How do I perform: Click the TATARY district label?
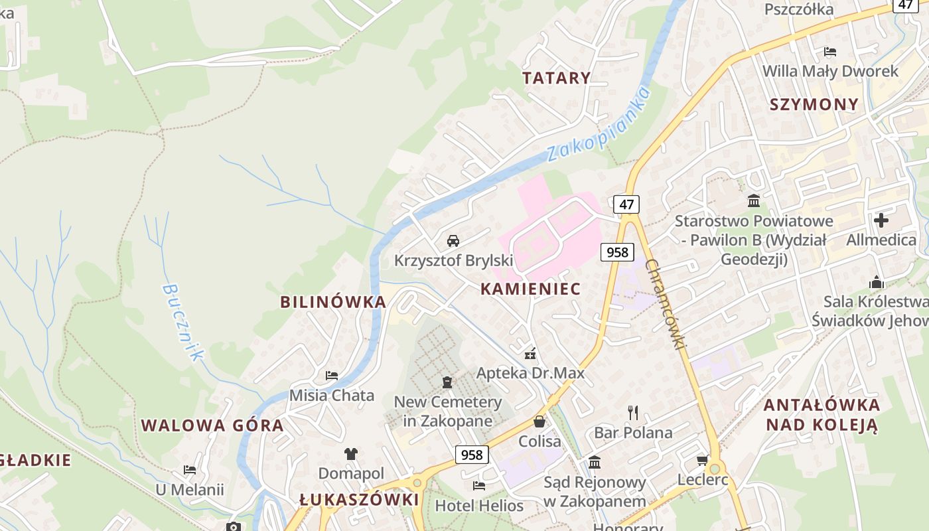click(x=556, y=78)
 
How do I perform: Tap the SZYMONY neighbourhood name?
click(x=814, y=104)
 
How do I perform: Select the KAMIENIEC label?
click(x=530, y=289)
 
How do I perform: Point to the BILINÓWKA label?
click(x=333, y=302)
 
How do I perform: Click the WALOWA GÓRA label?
click(x=212, y=425)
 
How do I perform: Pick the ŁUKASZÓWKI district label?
click(x=359, y=500)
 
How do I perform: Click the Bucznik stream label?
click(x=181, y=323)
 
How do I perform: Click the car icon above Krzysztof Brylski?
click(x=453, y=240)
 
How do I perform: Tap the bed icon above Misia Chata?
click(x=332, y=376)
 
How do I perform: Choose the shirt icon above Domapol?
click(x=351, y=454)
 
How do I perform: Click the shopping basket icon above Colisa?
click(x=539, y=421)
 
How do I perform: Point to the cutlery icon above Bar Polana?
click(x=632, y=413)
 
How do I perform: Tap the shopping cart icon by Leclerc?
click(x=703, y=460)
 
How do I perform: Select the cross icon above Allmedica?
click(x=881, y=220)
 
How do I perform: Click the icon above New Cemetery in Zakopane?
click(x=447, y=382)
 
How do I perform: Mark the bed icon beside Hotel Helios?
click(x=479, y=486)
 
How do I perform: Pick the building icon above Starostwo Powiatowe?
click(x=754, y=200)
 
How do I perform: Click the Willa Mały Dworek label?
click(x=830, y=71)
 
